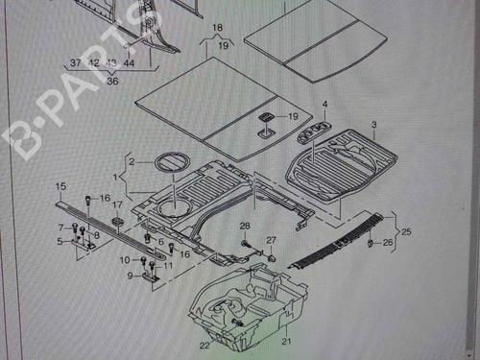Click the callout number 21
point(286,341)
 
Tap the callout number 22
point(204,346)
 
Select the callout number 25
point(406,231)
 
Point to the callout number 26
point(388,242)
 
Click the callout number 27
point(271,240)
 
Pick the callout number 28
point(245,226)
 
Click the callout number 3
point(374,124)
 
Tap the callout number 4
point(324,104)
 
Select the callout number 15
point(60,186)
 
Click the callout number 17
point(117,204)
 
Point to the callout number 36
point(112,81)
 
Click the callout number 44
point(129,63)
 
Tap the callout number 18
point(218,28)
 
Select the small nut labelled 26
point(371,243)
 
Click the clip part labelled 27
point(272,257)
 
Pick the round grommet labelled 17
point(117,221)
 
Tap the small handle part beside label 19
point(266,117)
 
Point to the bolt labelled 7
point(75,228)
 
